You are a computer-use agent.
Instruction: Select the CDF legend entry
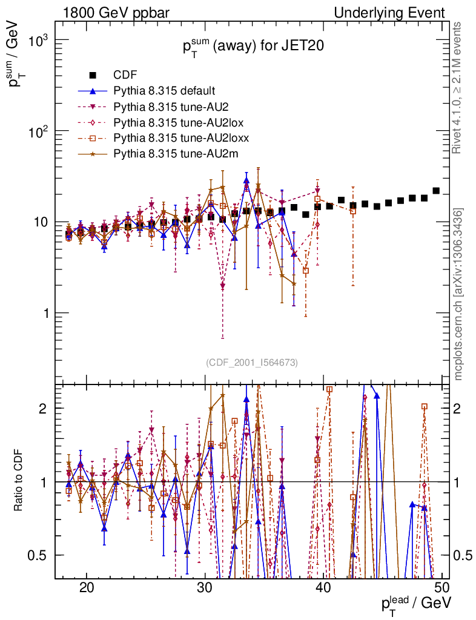point(125,75)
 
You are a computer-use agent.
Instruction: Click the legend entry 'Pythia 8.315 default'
point(164,91)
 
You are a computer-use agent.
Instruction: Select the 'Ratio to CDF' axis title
point(18,482)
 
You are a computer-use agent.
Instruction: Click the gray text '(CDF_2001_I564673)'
point(252,363)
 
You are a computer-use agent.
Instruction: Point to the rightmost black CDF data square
point(436,191)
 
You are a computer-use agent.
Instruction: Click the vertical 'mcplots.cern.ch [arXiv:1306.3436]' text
point(458,294)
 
